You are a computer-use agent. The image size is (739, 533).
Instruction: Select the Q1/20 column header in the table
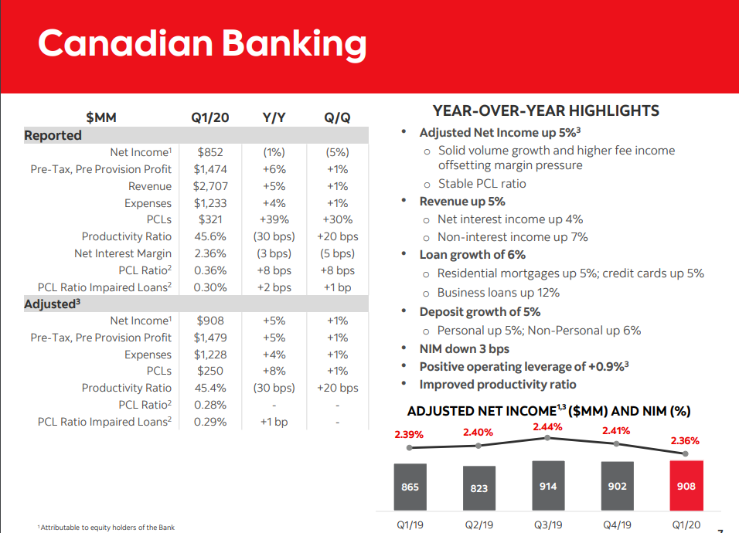pyautogui.click(x=209, y=117)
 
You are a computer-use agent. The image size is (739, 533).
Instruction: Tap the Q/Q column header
pyautogui.click(x=337, y=117)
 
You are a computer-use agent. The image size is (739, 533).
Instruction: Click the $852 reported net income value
pyautogui.click(x=209, y=152)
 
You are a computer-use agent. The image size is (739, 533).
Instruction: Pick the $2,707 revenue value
pyautogui.click(x=209, y=186)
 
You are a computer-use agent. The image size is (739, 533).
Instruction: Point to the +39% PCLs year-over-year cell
pyautogui.click(x=274, y=220)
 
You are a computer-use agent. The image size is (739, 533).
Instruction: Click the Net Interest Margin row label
pyautogui.click(x=123, y=253)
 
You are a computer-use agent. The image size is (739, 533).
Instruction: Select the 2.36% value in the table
pyautogui.click(x=210, y=253)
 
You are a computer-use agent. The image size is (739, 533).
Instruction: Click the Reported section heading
pyautogui.click(x=53, y=135)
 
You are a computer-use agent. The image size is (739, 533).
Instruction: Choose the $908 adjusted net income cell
pyautogui.click(x=209, y=321)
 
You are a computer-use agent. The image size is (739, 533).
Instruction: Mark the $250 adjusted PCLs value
pyautogui.click(x=209, y=371)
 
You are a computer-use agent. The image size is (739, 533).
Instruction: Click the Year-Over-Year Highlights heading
pyautogui.click(x=546, y=110)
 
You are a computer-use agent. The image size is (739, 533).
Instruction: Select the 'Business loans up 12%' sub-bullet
pyautogui.click(x=499, y=293)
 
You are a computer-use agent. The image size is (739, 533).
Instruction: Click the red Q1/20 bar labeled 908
pyautogui.click(x=685, y=486)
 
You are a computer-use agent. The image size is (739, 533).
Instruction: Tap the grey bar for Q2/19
pyautogui.click(x=478, y=487)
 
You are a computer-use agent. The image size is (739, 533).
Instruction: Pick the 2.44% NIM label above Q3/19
pyautogui.click(x=547, y=427)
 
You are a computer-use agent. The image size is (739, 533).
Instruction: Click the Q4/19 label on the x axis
pyautogui.click(x=616, y=524)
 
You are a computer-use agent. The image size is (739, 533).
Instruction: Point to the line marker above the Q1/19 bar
pyautogui.click(x=410, y=447)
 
